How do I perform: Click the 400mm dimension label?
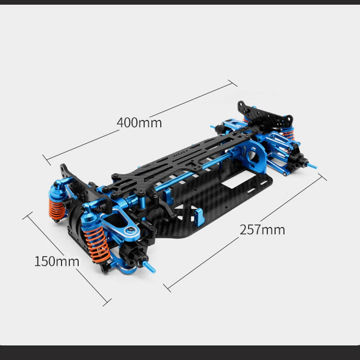pyautogui.click(x=139, y=123)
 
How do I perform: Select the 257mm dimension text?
pyautogui.click(x=262, y=230)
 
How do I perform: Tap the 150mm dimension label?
pyautogui.click(x=57, y=261)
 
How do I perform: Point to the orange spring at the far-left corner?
pyautogui.click(x=56, y=209)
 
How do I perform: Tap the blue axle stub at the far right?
pyautogui.click(x=312, y=165)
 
